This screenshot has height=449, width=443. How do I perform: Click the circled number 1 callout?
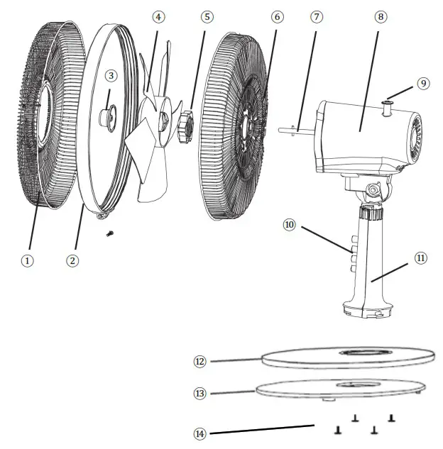[x=27, y=260]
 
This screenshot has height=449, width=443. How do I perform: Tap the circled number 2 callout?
[x=72, y=260]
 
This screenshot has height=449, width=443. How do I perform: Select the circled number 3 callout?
[x=111, y=75]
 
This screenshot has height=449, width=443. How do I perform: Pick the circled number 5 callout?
[x=207, y=16]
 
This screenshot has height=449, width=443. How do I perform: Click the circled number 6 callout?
[x=277, y=16]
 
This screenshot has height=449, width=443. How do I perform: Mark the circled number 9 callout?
[x=423, y=83]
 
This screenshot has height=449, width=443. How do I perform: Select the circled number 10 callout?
[x=289, y=225]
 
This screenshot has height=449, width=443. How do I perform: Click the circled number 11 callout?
[x=420, y=257]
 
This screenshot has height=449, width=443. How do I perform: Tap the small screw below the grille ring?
[x=109, y=233]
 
